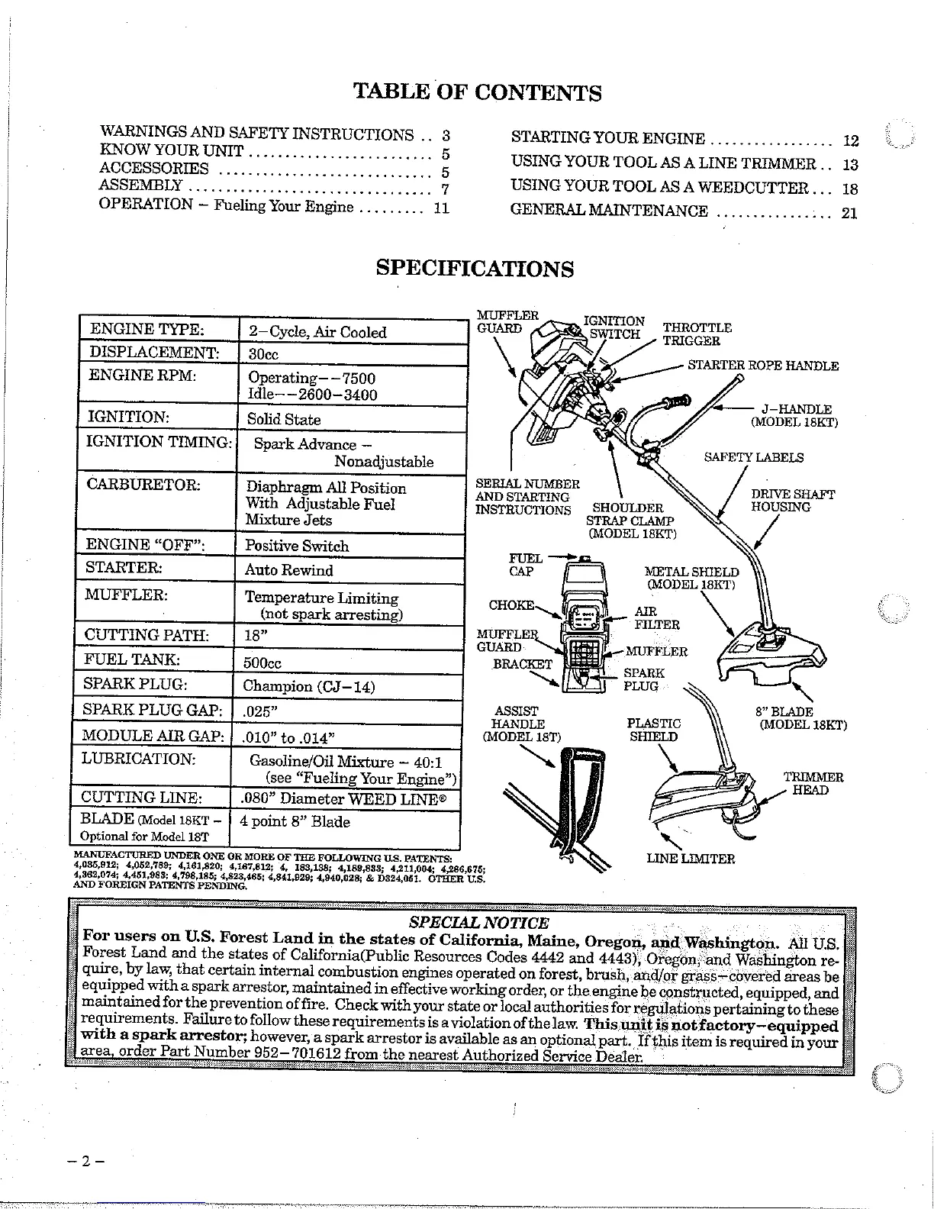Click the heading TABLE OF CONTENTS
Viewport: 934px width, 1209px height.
click(478, 92)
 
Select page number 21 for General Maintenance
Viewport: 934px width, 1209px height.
click(849, 214)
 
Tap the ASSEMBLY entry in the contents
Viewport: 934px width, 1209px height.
click(141, 185)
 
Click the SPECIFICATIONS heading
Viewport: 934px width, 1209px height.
click(475, 269)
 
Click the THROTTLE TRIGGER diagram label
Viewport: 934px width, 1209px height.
click(697, 334)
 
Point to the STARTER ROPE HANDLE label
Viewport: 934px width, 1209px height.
click(762, 366)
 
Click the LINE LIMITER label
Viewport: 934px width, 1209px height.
click(691, 859)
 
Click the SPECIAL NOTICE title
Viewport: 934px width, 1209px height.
click(478, 923)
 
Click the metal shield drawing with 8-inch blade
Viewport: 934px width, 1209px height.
click(771, 653)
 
